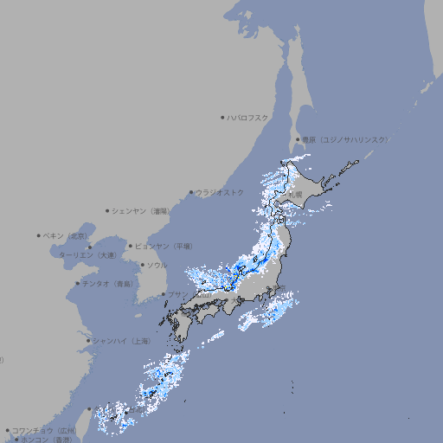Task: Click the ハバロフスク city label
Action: pos(248,117)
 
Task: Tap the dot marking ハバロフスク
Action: pos(222,117)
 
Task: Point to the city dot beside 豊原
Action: pos(298,139)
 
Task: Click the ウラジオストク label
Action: pos(220,192)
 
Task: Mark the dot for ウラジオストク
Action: pos(192,192)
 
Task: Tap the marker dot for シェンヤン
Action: pos(108,210)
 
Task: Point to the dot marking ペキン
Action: pos(39,235)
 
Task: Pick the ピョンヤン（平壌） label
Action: pos(164,246)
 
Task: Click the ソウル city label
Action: pos(157,265)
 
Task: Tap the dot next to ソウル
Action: pos(142,265)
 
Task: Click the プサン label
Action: pos(177,294)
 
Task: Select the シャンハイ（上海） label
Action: pos(121,341)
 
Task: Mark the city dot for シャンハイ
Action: pos(88,341)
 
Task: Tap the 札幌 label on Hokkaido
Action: pos(295,195)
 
